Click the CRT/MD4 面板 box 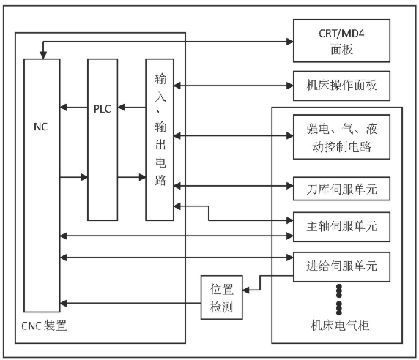pyautogui.click(x=341, y=41)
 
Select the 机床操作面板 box pyautogui.click(x=341, y=86)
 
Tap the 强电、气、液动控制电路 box pyautogui.click(x=341, y=137)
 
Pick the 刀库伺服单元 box pyautogui.click(x=341, y=188)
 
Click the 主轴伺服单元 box pyautogui.click(x=341, y=227)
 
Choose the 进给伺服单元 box pyautogui.click(x=341, y=266)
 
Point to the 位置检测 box pyautogui.click(x=221, y=297)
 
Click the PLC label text pyautogui.click(x=103, y=109)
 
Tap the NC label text pyautogui.click(x=40, y=127)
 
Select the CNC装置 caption pyautogui.click(x=44, y=326)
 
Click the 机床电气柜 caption pyautogui.click(x=340, y=326)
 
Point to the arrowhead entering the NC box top pyautogui.click(x=43, y=55)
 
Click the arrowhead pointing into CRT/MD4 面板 pyautogui.click(x=290, y=42)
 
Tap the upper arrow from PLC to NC pyautogui.click(x=74, y=108)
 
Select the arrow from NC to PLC pyautogui.click(x=74, y=177)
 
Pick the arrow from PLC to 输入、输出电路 pyautogui.click(x=132, y=177)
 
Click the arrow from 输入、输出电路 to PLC pyautogui.click(x=132, y=108)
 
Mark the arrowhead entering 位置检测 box pyautogui.click(x=246, y=290)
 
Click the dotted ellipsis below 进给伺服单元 pyautogui.click(x=339, y=299)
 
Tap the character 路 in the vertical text pyautogui.click(x=160, y=180)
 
